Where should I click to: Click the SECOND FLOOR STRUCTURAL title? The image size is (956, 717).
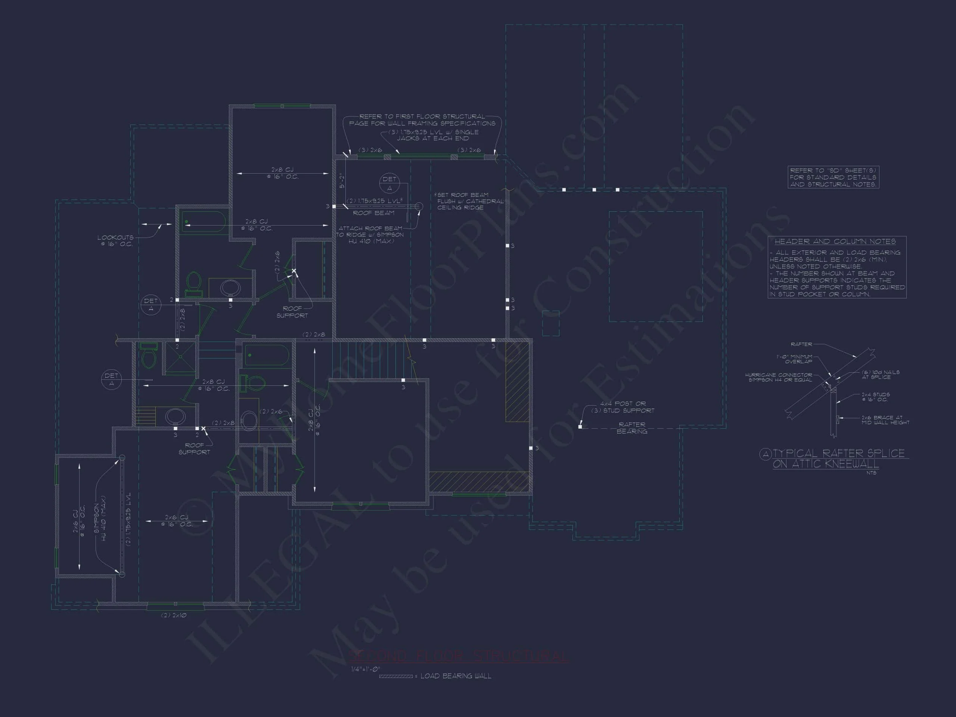point(458,656)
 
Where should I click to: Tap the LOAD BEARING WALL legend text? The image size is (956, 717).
point(456,676)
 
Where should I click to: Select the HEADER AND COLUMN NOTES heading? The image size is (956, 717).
point(835,242)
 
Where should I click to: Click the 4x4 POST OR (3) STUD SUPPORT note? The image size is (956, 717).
point(623,407)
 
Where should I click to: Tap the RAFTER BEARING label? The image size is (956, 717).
point(632,428)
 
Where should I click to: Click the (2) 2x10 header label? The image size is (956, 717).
point(174,615)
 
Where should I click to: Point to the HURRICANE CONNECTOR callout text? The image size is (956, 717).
point(778,377)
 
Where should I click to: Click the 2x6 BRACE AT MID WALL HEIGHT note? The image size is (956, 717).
point(885,420)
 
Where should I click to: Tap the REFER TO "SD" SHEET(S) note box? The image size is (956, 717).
point(833,177)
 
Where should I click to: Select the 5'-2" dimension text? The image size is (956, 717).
point(342,180)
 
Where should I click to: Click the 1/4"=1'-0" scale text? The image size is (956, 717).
point(365,669)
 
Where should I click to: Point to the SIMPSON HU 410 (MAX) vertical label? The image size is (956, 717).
point(100,518)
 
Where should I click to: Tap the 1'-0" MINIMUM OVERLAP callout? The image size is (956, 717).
point(794,359)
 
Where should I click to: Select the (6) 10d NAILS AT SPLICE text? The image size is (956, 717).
point(880,374)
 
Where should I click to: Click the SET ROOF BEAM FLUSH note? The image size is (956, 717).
point(470,201)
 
